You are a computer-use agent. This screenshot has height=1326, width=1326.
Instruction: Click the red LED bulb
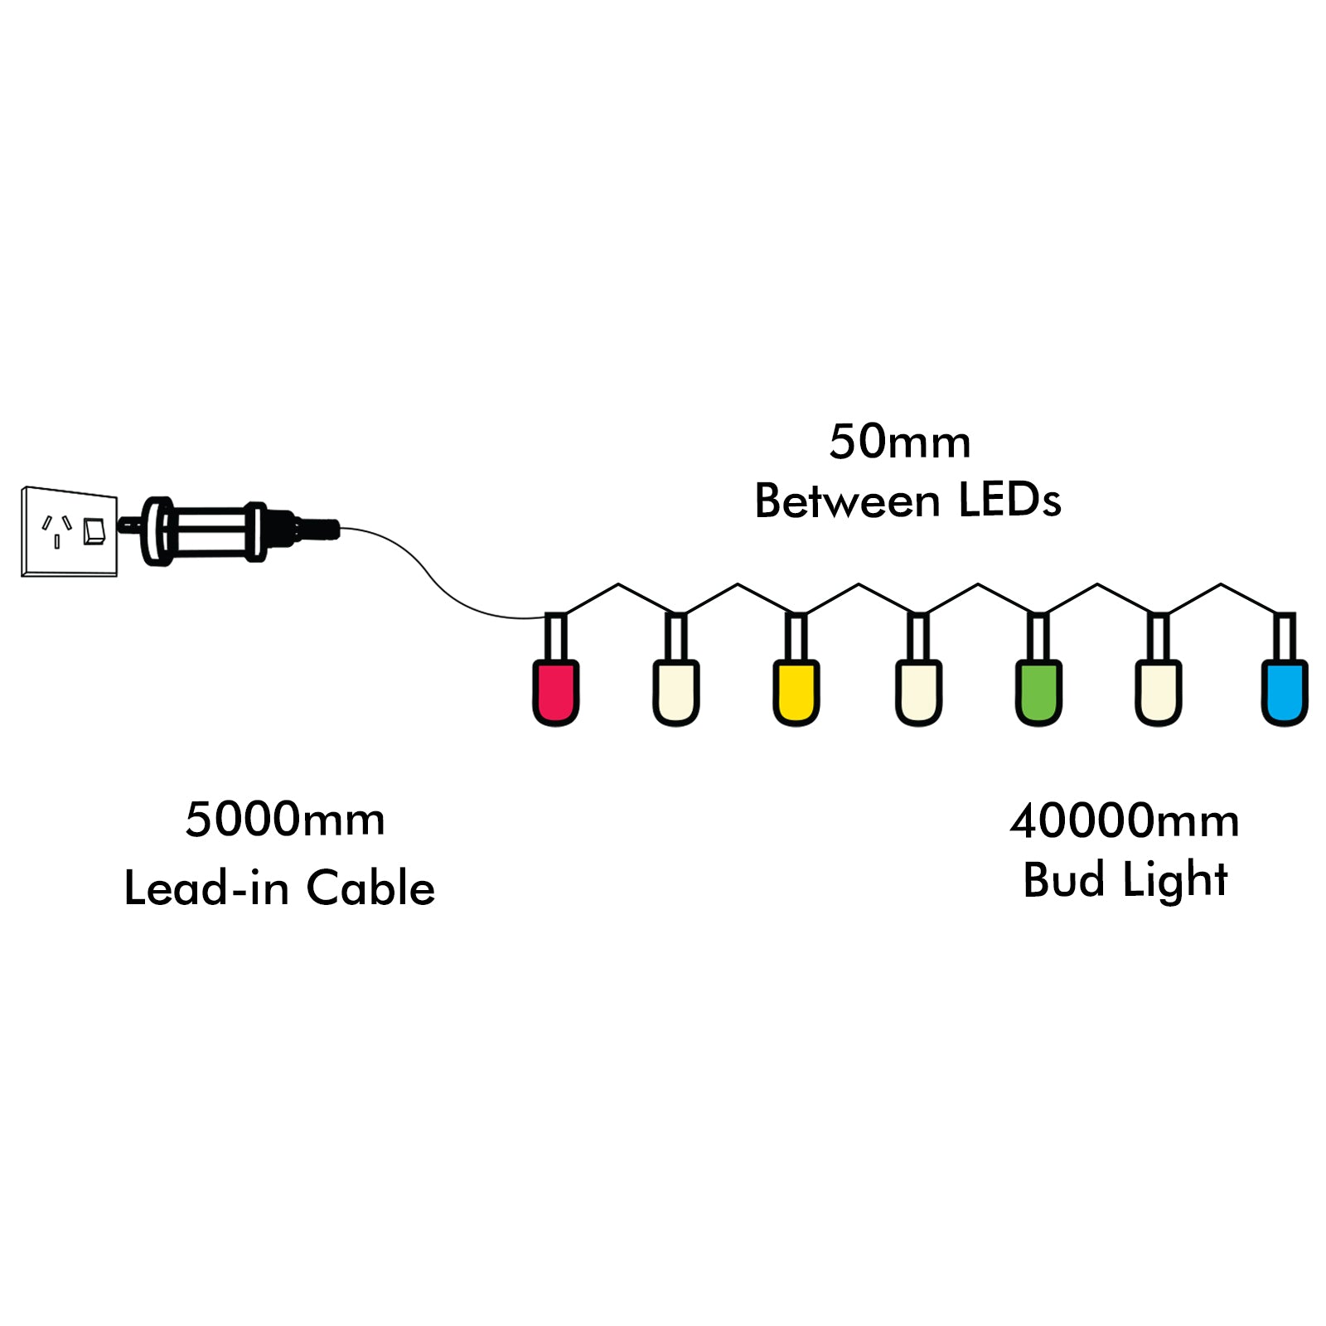tap(555, 691)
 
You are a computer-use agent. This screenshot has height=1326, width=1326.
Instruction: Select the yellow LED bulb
tap(796, 691)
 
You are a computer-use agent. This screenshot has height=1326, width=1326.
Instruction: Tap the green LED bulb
tap(1038, 691)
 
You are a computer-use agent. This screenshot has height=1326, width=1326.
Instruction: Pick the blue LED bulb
tap(1284, 691)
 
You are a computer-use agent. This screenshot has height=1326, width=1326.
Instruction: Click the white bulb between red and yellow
tap(675, 691)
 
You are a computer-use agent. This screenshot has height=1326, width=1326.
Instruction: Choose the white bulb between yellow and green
tap(918, 691)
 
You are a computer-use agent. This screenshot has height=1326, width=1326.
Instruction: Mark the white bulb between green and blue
tap(1158, 691)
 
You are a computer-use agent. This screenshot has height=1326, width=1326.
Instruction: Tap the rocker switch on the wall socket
tap(94, 531)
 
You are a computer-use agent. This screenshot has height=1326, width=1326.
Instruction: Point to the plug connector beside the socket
tap(215, 530)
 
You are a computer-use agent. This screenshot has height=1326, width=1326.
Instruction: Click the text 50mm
tap(899, 442)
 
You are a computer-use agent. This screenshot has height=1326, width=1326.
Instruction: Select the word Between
tap(847, 501)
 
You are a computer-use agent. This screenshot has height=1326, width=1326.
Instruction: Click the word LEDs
tap(1009, 501)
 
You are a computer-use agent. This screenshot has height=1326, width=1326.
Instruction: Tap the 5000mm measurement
tap(285, 820)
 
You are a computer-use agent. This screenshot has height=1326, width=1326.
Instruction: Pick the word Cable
tap(370, 888)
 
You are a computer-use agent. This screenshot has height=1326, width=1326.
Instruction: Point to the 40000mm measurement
tap(1124, 821)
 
